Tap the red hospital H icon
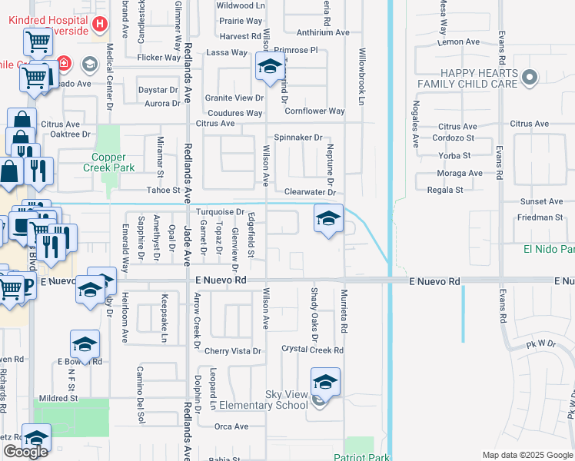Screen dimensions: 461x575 point(99,25)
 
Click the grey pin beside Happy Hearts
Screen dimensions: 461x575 point(529,77)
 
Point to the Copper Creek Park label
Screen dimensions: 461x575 point(108,162)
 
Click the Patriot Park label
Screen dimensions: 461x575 point(362,457)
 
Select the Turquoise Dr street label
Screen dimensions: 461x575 point(220,211)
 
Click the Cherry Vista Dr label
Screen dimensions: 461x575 point(233,351)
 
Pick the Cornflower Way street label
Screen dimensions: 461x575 point(314,111)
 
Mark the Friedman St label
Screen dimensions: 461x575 point(540,217)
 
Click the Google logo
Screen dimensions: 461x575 point(25,452)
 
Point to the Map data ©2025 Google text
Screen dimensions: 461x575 point(527,455)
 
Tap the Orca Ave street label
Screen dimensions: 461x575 point(231,426)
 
